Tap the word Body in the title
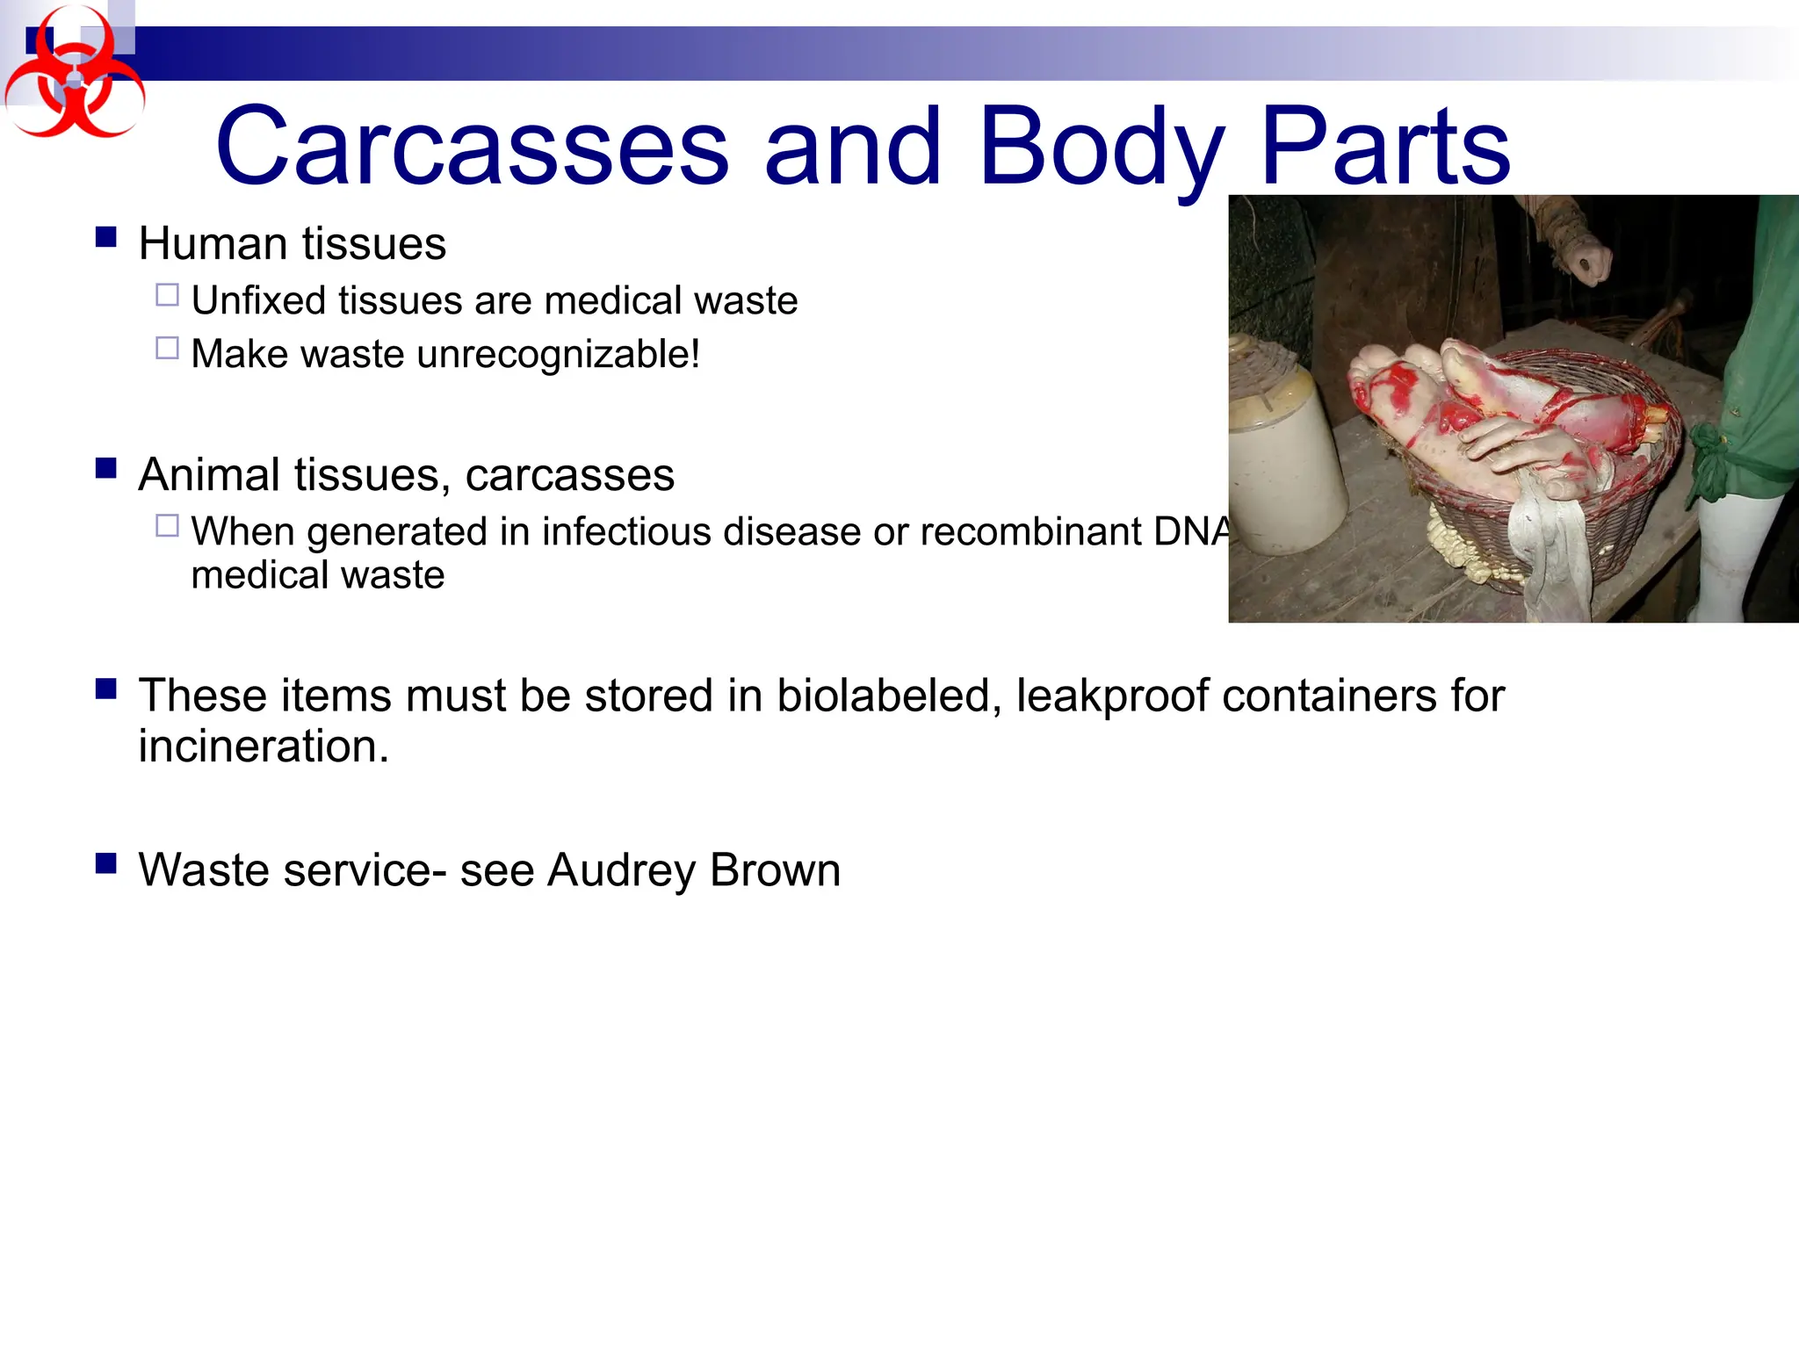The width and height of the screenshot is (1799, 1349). click(1102, 148)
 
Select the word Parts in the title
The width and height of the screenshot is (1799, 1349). click(1386, 148)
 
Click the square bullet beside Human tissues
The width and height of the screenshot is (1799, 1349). click(106, 237)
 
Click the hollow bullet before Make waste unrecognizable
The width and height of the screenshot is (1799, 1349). click(167, 349)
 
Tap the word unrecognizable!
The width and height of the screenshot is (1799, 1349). click(559, 354)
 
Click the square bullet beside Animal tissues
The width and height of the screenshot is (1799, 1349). click(106, 468)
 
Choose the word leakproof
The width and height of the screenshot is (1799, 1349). click(1112, 696)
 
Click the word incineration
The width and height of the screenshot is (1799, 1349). click(263, 747)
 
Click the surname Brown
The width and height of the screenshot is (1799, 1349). click(775, 870)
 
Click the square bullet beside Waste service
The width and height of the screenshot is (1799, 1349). click(106, 864)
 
